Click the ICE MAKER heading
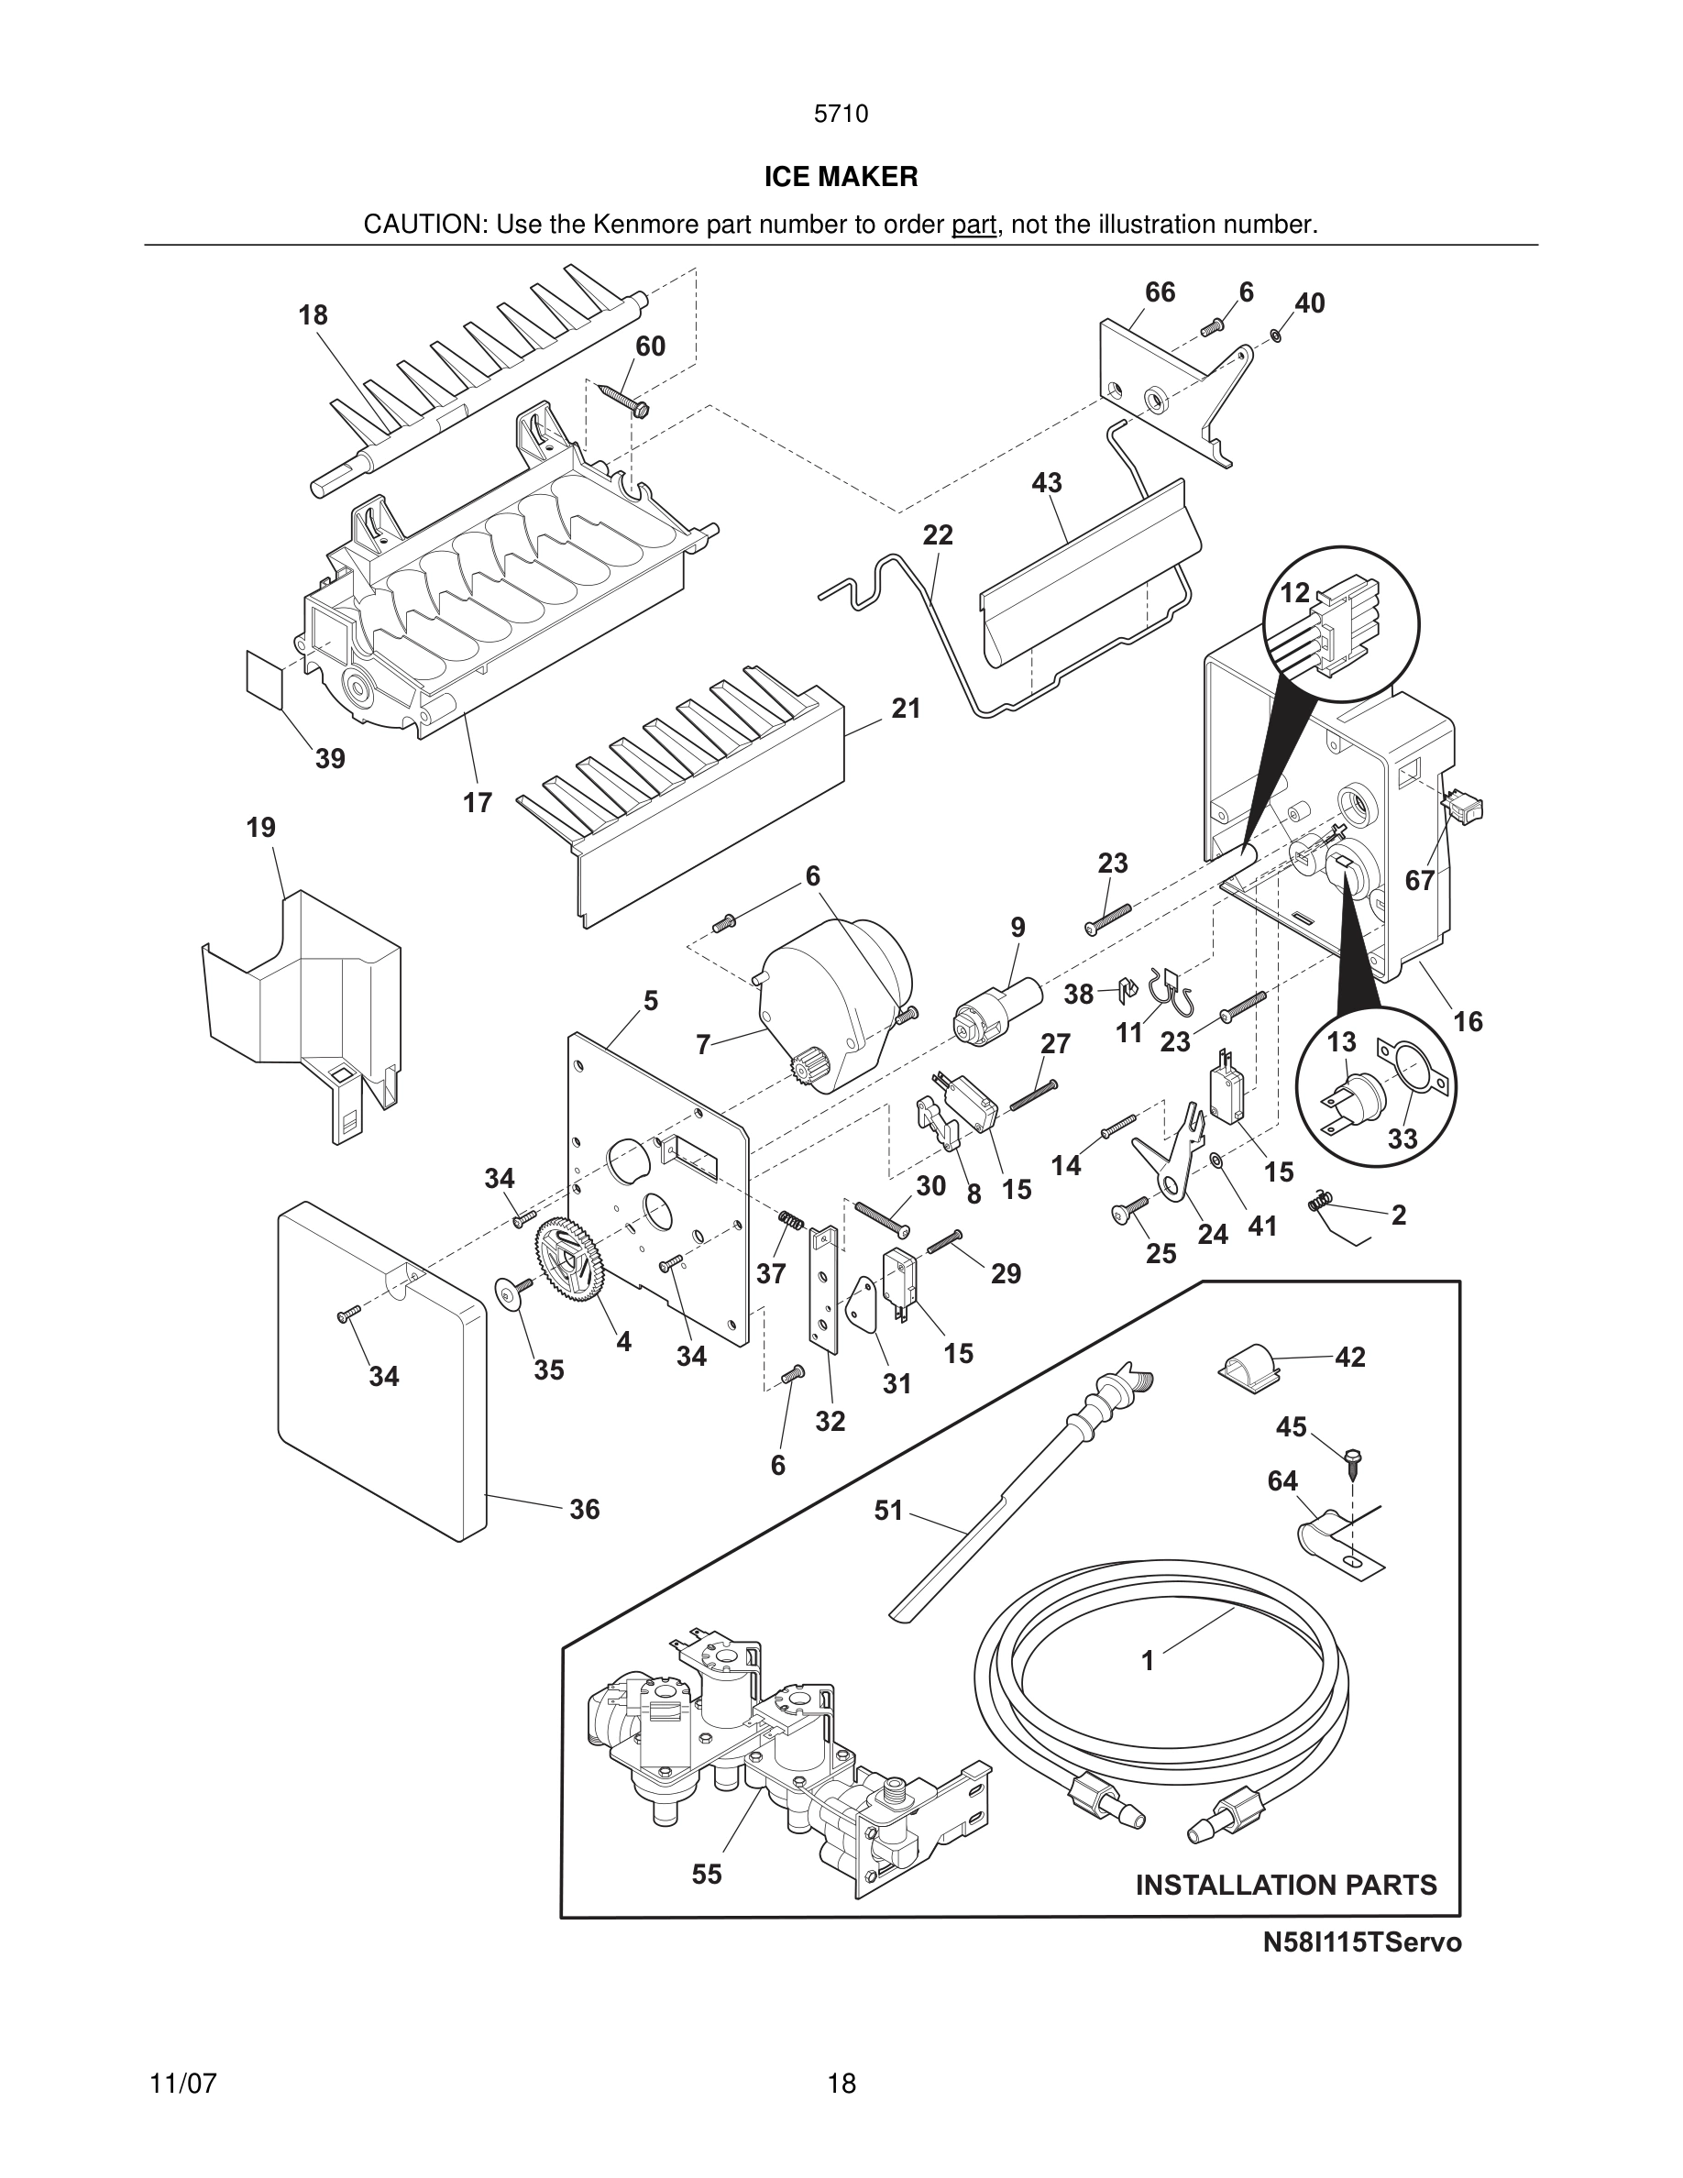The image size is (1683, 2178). point(841,177)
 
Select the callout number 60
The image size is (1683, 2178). point(650,346)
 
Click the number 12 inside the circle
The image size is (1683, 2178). point(1294,593)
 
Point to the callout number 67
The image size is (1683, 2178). point(1419,881)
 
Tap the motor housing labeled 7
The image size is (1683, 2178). point(838,1007)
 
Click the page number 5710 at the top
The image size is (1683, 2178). point(841,114)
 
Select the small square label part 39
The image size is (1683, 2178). point(264,676)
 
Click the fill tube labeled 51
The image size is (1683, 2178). point(1007,1496)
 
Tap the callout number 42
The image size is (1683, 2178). point(1350,1358)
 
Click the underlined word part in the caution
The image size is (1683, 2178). point(973,225)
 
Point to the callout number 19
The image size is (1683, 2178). point(261,828)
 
